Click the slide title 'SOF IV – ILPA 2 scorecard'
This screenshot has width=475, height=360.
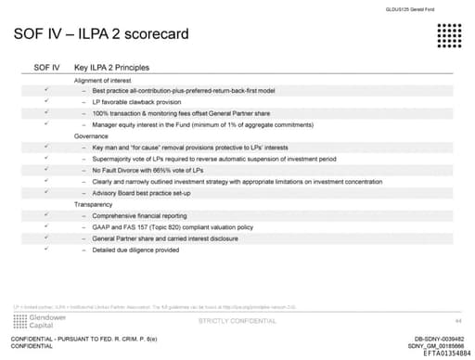pos(102,35)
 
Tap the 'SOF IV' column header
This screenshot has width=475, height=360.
pos(46,68)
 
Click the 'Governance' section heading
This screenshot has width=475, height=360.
pos(92,135)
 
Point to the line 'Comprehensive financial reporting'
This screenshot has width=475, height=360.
pos(139,215)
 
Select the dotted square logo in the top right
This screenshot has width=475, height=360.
pos(447,38)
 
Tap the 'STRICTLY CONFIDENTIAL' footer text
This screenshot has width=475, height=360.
pos(237,320)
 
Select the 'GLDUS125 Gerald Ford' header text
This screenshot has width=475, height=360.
pos(416,9)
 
